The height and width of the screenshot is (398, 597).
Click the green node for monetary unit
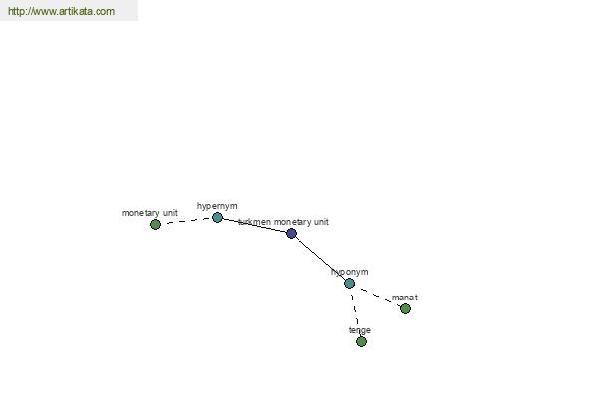pos(155,224)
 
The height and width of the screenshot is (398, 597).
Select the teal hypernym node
pos(217,218)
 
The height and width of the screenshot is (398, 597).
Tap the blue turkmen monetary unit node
pos(291,233)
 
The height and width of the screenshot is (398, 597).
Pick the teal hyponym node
pos(349,283)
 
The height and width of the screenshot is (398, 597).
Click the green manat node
pos(406,308)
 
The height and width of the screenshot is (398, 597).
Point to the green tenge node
pos(362,341)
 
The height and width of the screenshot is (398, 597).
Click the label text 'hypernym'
pos(217,206)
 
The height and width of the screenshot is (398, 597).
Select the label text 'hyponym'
pos(350,272)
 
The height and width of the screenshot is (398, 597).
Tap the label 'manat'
pos(405,298)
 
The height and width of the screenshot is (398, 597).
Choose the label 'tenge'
pos(360,330)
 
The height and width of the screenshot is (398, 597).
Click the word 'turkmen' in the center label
pos(255,222)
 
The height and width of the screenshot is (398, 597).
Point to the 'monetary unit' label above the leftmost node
pos(150,213)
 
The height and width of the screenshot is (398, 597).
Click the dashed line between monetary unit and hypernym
pos(186,221)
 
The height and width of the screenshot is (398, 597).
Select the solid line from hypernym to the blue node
pos(254,225)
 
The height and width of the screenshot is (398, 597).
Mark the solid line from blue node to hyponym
pos(320,259)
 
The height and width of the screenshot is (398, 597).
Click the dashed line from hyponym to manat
pos(377,296)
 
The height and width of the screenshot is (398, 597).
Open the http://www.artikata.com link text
pos(62,11)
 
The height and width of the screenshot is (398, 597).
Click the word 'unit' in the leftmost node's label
pos(170,213)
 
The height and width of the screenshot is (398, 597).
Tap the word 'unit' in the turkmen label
pos(321,222)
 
